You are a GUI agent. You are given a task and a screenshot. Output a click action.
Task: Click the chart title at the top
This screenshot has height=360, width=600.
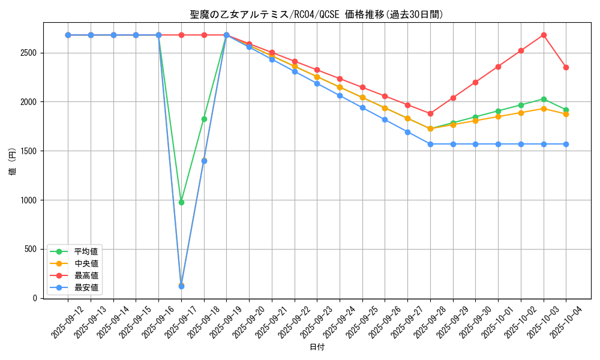316,14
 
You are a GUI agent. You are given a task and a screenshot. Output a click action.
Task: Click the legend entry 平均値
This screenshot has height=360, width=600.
86,251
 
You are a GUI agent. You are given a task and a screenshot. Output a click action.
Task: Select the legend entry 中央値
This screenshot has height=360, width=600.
86,263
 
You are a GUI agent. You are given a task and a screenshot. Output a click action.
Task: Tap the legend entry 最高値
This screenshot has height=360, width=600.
86,275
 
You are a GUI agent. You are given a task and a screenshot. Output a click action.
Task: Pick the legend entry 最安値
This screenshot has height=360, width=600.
86,287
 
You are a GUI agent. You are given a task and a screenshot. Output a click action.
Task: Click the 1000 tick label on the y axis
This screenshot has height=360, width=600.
30,200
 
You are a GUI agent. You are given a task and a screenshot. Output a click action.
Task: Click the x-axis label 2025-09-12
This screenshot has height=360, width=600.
68,322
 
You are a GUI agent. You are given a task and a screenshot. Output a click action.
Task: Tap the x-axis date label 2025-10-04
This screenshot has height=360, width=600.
566,322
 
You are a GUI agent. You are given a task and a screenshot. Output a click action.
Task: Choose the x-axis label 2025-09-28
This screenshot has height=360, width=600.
430,322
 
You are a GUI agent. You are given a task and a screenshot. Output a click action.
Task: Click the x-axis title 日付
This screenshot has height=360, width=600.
316,347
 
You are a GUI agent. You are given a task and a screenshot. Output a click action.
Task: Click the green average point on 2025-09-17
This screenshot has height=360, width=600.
181,202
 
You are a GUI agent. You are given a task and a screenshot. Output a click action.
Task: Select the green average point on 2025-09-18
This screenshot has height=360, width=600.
204,119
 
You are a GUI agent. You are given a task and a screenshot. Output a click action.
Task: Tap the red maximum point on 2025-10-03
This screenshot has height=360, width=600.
544,35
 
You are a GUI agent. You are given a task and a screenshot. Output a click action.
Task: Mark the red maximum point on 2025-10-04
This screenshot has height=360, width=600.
566,67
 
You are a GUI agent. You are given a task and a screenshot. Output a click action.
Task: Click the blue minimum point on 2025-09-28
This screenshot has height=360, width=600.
430,144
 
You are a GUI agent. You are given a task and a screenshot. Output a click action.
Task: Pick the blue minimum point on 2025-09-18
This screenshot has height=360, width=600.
204,161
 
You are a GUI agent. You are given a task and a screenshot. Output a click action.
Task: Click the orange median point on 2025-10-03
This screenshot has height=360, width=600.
544,109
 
